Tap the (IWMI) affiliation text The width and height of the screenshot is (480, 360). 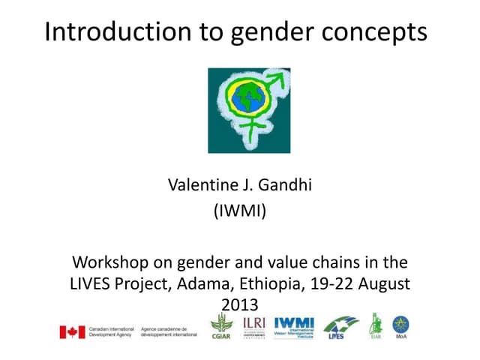point(240,212)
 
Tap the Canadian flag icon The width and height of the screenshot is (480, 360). point(73,331)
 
